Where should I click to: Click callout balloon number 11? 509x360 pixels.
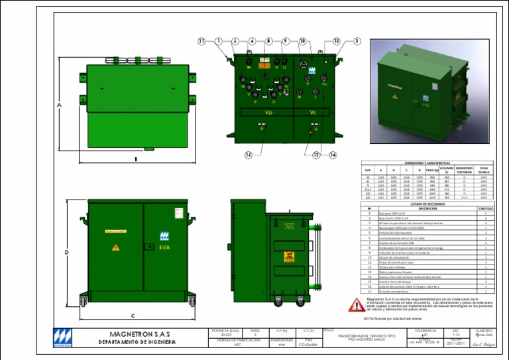(201, 40)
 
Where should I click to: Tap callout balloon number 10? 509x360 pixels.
(302, 40)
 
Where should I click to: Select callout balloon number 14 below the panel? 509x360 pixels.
(248, 155)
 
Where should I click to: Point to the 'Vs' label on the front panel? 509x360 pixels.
(313, 112)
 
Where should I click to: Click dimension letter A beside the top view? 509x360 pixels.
(59, 105)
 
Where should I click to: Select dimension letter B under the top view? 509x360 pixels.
(136, 159)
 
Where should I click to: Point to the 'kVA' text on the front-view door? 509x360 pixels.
(165, 247)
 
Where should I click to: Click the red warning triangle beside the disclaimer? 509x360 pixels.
(357, 305)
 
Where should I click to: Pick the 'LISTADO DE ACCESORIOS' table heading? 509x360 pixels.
(428, 204)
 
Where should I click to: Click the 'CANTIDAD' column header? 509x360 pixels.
(486, 208)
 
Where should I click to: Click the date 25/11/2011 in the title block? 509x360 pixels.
(455, 343)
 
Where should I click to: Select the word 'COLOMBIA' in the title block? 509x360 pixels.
(308, 345)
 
